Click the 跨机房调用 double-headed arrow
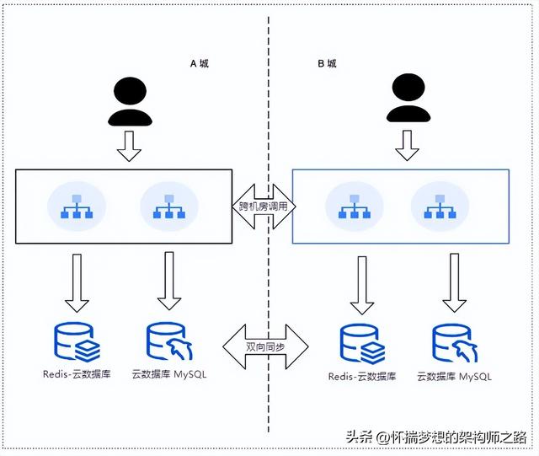point(262,205)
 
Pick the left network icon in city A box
point(77,206)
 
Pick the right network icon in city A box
point(168,206)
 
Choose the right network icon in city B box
point(440,206)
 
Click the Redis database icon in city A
point(77,341)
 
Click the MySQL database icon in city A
point(166,341)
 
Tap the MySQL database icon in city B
point(452,343)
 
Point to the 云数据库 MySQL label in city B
point(454,376)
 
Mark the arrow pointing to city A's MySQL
point(168,282)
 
